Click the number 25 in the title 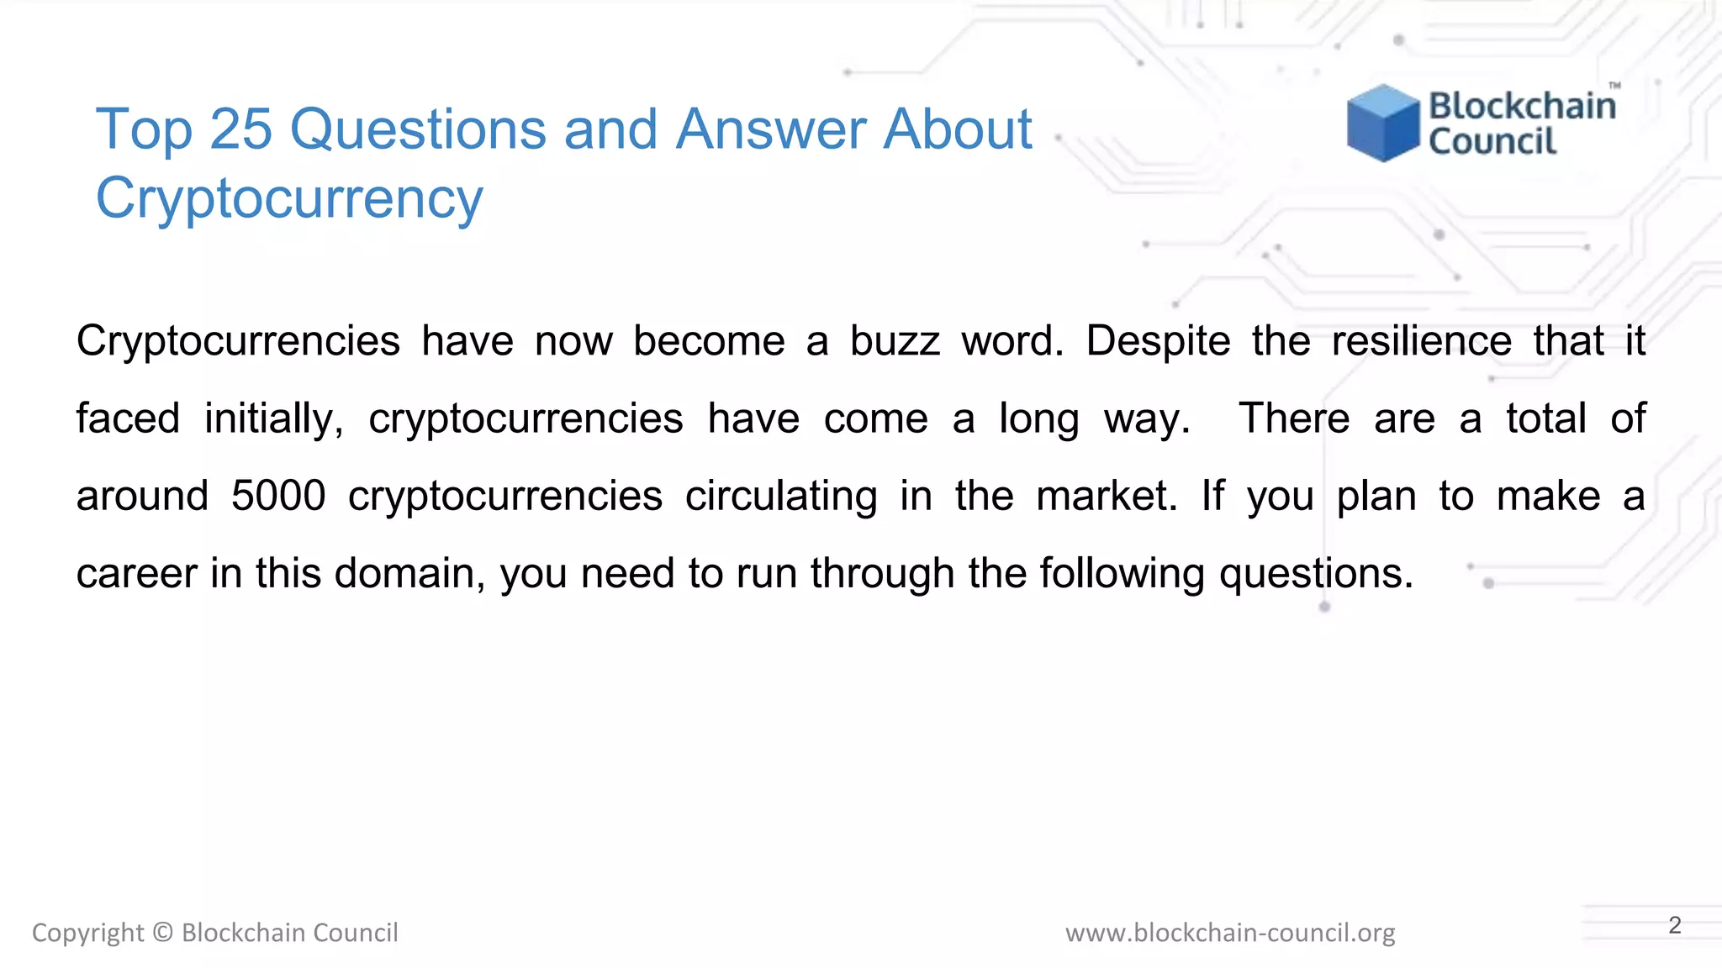pos(240,130)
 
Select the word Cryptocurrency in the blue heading pos(289,199)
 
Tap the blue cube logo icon pos(1382,123)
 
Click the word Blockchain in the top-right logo pos(1522,106)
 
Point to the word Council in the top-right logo pos(1492,141)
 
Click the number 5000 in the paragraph pos(278,496)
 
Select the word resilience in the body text pos(1422,341)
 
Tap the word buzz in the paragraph pos(895,341)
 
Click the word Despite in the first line pos(1158,341)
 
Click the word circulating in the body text pos(781,496)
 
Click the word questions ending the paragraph pos(1315,573)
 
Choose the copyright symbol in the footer pos(163,933)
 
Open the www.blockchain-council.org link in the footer pos(1230,933)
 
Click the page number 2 pos(1675,925)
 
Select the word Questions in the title pos(418,130)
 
